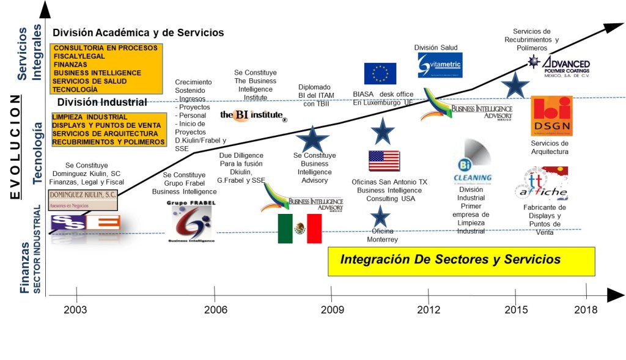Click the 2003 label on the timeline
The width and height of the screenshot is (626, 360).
[x=76, y=309]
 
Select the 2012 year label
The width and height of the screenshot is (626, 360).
[x=428, y=309]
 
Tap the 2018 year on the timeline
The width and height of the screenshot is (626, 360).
[x=586, y=309]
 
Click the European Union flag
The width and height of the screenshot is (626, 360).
[x=380, y=73]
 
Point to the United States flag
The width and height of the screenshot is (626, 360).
[x=384, y=161]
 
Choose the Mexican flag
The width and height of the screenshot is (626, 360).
[x=300, y=229]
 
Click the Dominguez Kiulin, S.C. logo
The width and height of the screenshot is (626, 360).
[x=82, y=198]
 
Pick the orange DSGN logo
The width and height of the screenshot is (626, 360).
[x=551, y=116]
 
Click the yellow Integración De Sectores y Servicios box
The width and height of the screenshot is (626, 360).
[x=462, y=261]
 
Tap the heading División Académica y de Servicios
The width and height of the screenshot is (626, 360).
[x=138, y=33]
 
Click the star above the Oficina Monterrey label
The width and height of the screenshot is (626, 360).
[x=380, y=216]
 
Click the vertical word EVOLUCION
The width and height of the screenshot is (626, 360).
[x=18, y=147]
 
